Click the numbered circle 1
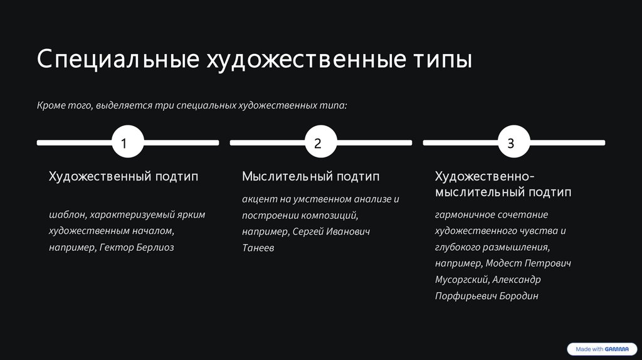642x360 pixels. click(124, 143)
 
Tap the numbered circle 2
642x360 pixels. click(317, 143)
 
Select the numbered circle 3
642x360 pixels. click(510, 143)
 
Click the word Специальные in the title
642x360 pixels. click(116, 60)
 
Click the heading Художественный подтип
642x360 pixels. click(124, 177)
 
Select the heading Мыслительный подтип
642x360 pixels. click(310, 177)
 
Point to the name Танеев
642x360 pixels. click(258, 248)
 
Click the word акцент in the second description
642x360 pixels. click(258, 199)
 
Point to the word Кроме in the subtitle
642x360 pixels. click(50, 106)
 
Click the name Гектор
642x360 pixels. click(116, 248)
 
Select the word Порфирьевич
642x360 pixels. click(465, 296)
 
